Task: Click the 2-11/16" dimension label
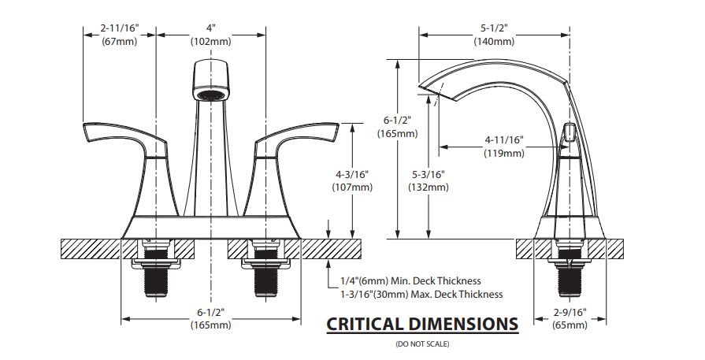click(x=120, y=28)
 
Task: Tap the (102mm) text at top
click(x=211, y=41)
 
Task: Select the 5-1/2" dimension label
click(x=494, y=28)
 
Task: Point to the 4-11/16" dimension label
click(x=504, y=139)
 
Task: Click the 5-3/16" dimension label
click(x=429, y=174)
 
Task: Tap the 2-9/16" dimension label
click(x=570, y=312)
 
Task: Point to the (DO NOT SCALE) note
click(x=422, y=344)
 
